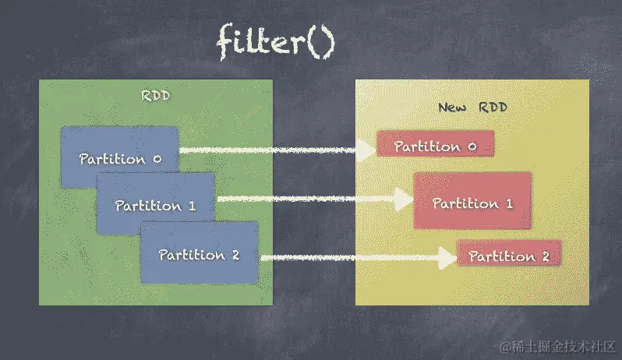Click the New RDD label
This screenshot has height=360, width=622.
pos(472,107)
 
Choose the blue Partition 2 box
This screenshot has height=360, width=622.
pos(199,253)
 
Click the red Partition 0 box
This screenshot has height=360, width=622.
pos(435,145)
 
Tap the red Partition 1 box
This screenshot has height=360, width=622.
pos(472,202)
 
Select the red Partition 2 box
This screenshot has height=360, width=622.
pos(508,255)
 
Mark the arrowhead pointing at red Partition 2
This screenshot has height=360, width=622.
pos(446,257)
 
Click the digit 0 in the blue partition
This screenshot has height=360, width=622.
pos(157,159)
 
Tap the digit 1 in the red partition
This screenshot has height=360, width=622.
pos(508,203)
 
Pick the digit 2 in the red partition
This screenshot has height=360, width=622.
pos(545,256)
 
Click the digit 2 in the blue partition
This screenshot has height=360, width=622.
pos(235,254)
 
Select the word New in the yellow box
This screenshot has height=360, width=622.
pos(452,107)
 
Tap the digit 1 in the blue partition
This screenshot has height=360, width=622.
pos(191,206)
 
